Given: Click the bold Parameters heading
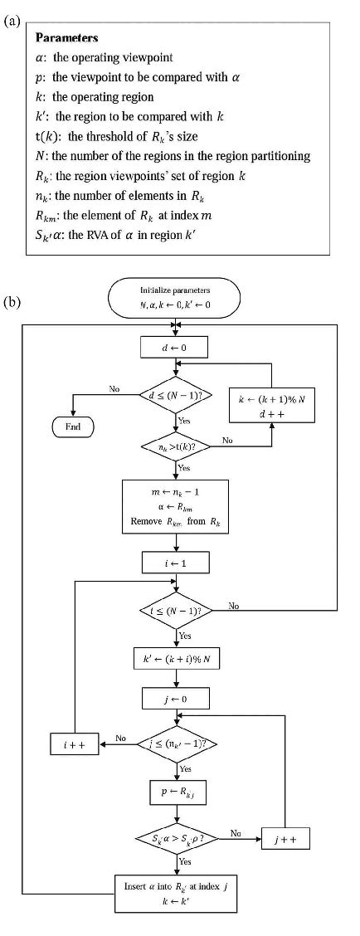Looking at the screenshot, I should click(66, 37).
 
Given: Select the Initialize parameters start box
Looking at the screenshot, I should click(174, 297).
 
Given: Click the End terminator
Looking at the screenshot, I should click(74, 427).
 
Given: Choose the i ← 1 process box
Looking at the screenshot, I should click(174, 563).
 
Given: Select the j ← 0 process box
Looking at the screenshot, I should click(174, 700).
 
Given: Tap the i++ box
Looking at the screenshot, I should click(75, 744).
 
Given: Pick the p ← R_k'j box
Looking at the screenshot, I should click(174, 792).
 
